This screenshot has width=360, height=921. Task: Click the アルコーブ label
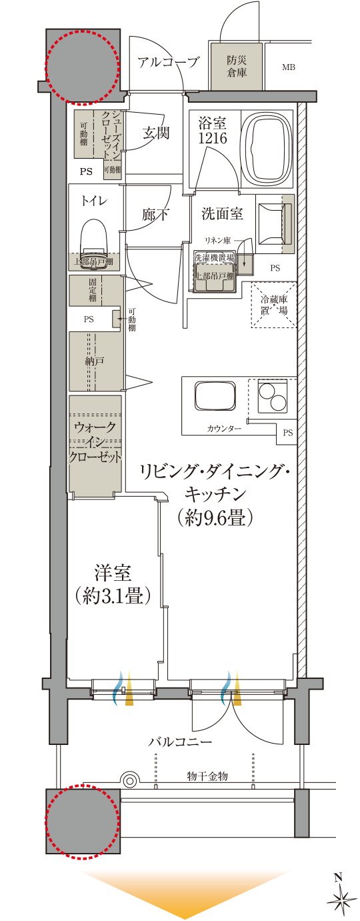coord(168,63)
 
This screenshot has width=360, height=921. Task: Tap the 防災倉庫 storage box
coord(237,65)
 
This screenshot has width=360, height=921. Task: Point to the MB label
coord(288,67)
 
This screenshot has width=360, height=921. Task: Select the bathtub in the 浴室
coord(265,147)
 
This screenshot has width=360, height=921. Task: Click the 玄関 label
coord(155,133)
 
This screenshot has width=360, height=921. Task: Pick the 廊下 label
coord(155,215)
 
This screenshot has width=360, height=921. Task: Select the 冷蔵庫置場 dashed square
coord(273,305)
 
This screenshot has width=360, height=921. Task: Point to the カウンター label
coord(223,427)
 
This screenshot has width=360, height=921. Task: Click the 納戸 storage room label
coord(95,361)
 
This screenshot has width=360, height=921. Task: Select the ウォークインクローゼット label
coord(95,442)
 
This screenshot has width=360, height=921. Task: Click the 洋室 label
coord(111,573)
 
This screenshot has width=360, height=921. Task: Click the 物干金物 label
coord(207,776)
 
